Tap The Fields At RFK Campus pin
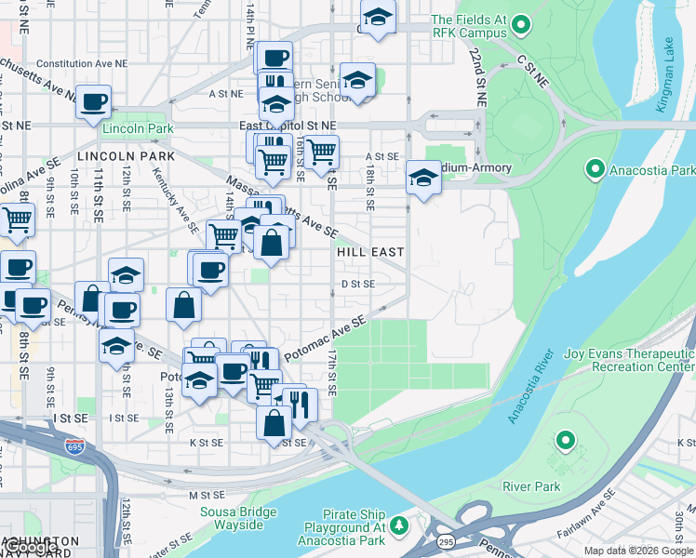521,25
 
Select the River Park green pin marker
564,440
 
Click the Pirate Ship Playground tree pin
399,526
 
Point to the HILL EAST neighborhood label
370,252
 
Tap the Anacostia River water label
526,386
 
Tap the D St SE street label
357,284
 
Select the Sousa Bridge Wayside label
238,519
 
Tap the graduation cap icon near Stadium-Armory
423,178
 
